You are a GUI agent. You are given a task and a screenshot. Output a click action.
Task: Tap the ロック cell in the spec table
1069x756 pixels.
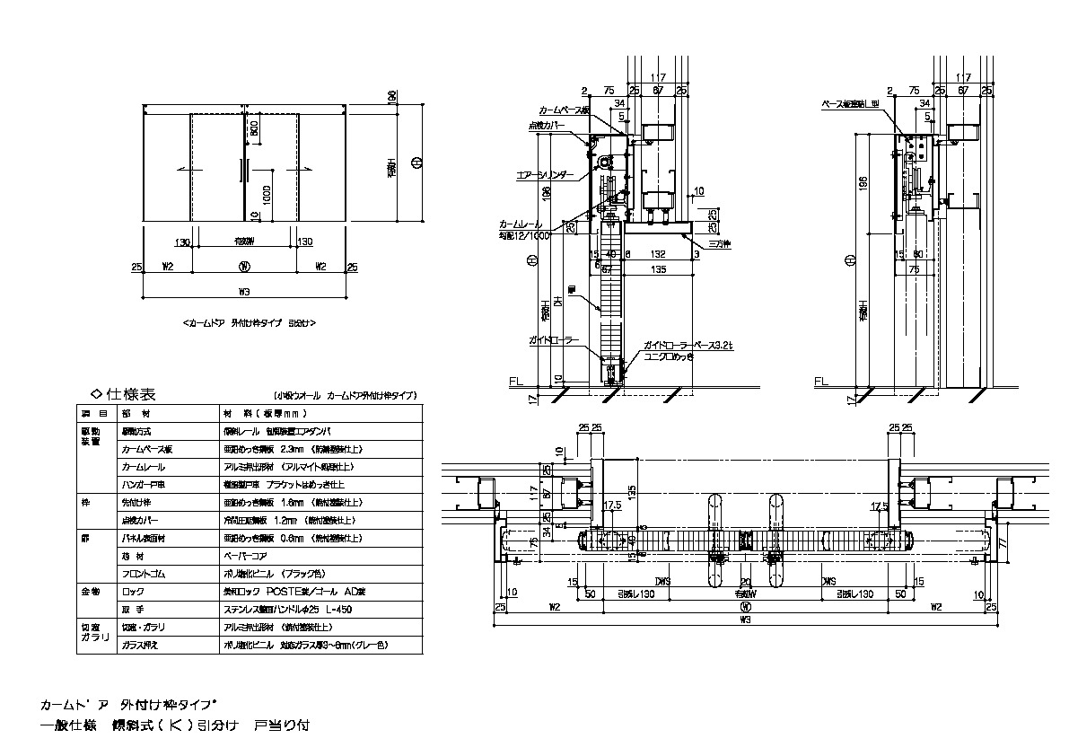coord(133,593)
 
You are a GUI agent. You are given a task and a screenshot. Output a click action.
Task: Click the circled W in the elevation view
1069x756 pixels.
coord(243,266)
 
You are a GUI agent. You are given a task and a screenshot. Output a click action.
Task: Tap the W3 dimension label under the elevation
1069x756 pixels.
coord(243,290)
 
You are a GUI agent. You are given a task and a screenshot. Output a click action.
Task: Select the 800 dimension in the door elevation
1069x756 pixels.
coord(254,128)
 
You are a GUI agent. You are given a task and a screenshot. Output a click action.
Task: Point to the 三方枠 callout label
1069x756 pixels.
coord(719,243)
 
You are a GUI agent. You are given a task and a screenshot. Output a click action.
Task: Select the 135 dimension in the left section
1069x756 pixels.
coord(658,268)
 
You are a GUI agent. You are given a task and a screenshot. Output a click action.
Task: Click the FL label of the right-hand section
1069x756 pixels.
coord(819,382)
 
